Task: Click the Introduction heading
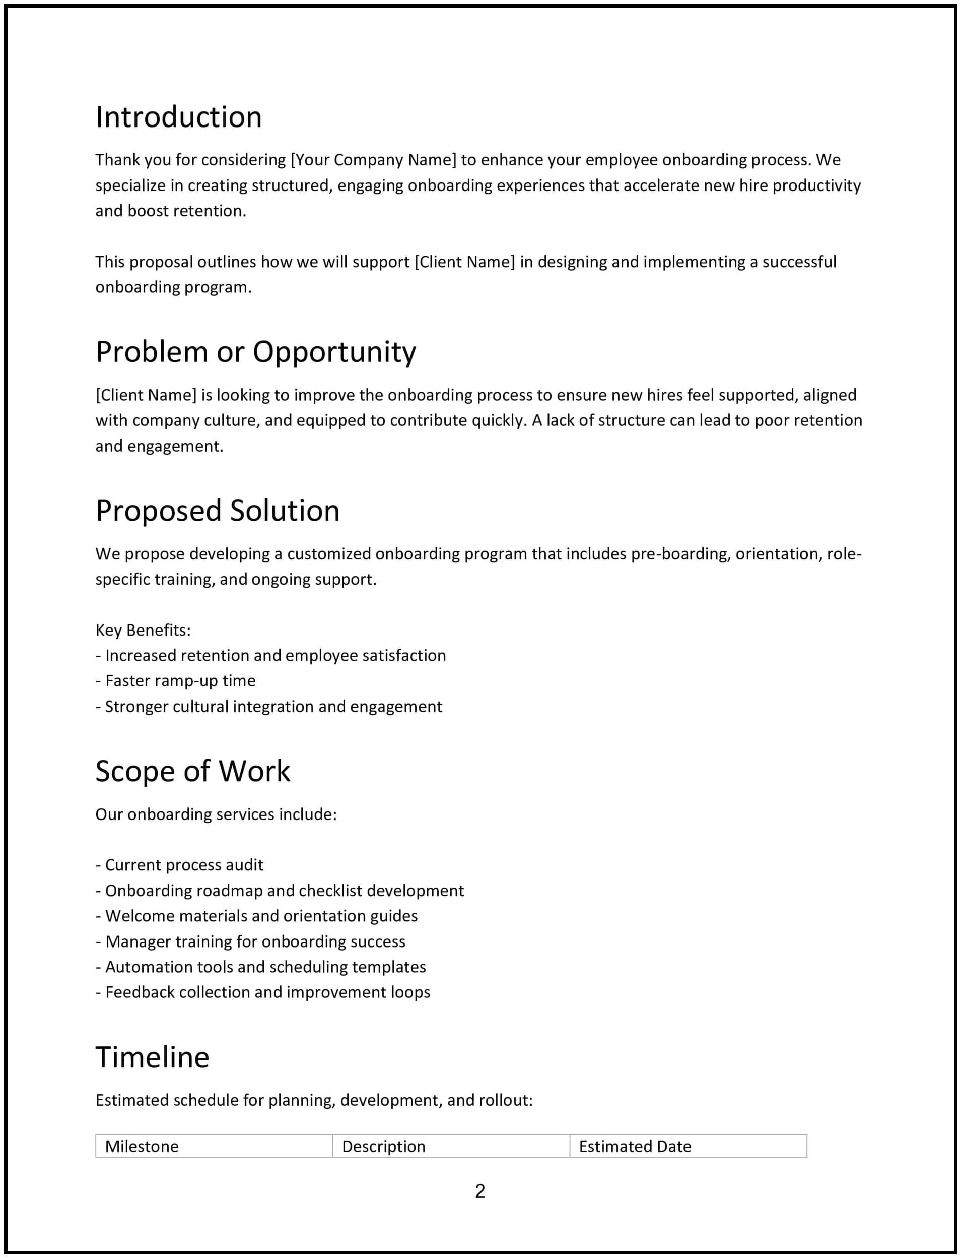(x=178, y=117)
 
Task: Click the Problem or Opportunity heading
(x=256, y=351)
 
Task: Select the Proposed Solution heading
(x=218, y=511)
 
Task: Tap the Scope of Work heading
(x=193, y=771)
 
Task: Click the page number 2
(x=480, y=1191)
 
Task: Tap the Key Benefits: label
(x=143, y=630)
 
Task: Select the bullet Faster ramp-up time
(x=176, y=681)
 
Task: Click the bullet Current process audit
(x=180, y=865)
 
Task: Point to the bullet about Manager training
(x=250, y=941)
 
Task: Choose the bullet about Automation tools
(x=261, y=967)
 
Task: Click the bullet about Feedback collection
(x=263, y=992)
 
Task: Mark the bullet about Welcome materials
(x=257, y=916)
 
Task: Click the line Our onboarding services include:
(x=216, y=814)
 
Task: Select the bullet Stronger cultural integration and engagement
(x=269, y=706)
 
